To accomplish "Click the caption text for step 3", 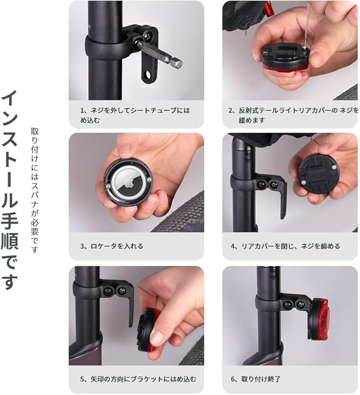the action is [x=111, y=246].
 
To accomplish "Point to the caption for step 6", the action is [x=256, y=379].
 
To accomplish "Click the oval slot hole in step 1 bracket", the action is [x=148, y=75].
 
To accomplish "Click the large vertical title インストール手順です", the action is [x=10, y=190].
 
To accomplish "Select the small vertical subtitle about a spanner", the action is [x=34, y=190].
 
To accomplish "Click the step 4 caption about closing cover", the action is [x=285, y=246].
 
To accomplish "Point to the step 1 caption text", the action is [x=135, y=115].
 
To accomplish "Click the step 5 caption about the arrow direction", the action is [x=138, y=379].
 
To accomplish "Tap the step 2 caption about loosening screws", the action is [x=294, y=115].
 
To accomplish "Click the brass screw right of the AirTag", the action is [x=149, y=179].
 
